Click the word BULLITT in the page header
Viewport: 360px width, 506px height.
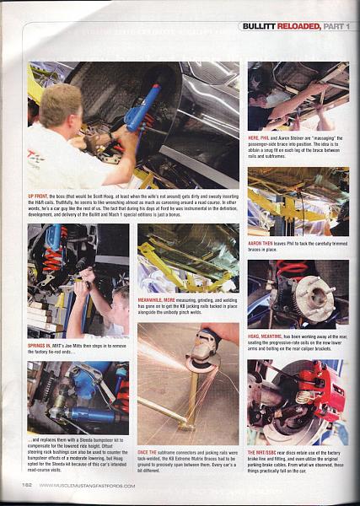point(258,26)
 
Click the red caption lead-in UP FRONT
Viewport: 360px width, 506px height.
point(38,195)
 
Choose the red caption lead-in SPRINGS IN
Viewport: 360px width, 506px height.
point(40,345)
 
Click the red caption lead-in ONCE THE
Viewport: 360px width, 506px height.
point(148,429)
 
